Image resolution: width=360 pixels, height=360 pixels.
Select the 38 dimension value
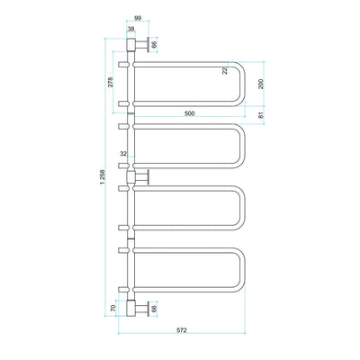tap(131, 29)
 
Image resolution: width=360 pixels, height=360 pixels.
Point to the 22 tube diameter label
tap(226, 72)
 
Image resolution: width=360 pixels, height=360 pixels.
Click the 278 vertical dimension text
tap(111, 83)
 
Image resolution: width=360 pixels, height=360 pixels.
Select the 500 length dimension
tap(189, 114)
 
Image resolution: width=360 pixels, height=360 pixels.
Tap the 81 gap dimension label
tap(261, 115)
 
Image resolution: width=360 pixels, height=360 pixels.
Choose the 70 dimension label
tap(112, 308)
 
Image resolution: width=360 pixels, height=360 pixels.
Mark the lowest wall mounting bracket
tap(138, 308)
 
